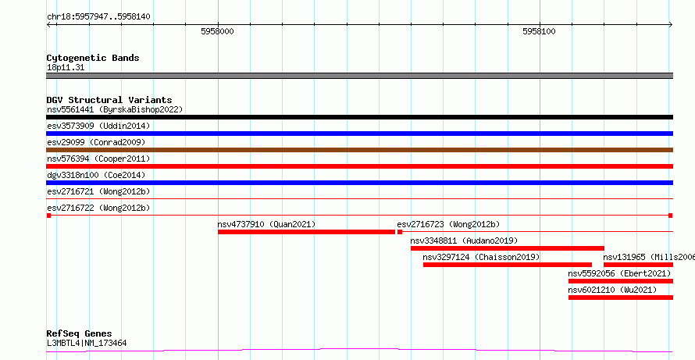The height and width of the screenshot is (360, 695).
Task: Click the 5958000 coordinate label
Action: pos(217,31)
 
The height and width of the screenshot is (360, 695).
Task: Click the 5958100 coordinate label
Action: pos(539,31)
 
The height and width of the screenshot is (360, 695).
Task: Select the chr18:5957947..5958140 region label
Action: pos(98,17)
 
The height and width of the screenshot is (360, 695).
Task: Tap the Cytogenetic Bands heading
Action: pos(93,58)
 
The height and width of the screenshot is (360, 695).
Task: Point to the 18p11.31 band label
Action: pos(66,68)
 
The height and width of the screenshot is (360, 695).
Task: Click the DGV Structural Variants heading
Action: pos(109,100)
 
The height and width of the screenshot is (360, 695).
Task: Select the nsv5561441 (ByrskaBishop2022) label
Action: pos(115,109)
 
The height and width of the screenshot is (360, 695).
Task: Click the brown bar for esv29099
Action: pos(359,150)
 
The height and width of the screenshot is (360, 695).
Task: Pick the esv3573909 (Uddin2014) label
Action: pos(98,126)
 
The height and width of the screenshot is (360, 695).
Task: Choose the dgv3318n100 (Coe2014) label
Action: pos(96,175)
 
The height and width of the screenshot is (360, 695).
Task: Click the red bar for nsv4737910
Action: pos(306,232)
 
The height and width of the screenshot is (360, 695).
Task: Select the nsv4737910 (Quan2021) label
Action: pos(266,224)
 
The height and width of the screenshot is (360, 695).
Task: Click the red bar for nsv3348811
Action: pos(508,248)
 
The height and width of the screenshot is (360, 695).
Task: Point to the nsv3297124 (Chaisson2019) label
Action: pos(481,257)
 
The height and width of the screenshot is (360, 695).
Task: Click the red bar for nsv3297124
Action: pos(508,265)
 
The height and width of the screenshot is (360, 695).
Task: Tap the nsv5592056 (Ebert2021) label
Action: pos(620,273)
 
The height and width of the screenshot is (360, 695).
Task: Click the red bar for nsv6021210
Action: pos(621,298)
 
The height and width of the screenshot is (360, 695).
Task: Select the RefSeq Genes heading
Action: pos(80,333)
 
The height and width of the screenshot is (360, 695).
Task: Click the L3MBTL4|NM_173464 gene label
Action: pos(87,343)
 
